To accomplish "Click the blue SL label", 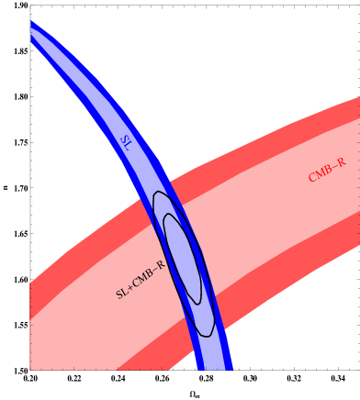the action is click(126, 142).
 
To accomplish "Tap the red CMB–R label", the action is click(327, 170).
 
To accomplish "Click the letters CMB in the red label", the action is click(321, 172).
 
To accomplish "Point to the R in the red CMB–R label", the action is click(341, 163).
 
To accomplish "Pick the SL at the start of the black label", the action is click(122, 292).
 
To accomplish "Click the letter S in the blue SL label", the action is click(123, 139).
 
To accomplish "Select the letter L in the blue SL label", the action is click(129, 145).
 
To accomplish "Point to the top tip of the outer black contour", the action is click(159, 192).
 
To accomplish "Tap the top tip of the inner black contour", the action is click(167, 215).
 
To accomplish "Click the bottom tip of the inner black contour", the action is click(197, 304).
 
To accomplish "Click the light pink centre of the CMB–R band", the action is click(266, 211).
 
